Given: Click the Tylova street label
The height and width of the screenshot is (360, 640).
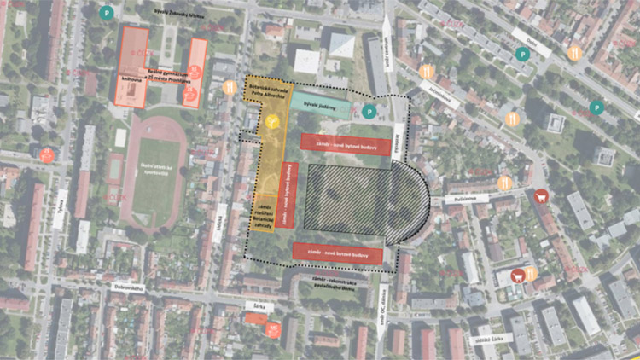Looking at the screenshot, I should point(59,209).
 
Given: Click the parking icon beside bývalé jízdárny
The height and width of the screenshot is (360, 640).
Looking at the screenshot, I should point(369,112).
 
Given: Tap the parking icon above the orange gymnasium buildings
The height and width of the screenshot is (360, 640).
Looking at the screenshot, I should point(105,13).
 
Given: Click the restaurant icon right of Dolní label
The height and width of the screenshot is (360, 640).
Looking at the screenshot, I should point(574,53).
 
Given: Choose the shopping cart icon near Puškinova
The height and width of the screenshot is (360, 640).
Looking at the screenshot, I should point(539,197).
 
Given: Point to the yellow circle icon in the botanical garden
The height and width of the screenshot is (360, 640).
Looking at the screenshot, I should point(271,124).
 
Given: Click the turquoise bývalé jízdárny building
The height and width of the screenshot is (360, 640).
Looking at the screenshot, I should point(321,107).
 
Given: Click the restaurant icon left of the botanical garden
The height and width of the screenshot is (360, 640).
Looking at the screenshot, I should point(229,87).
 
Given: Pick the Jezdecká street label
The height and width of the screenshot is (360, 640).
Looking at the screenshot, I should point(398,136).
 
